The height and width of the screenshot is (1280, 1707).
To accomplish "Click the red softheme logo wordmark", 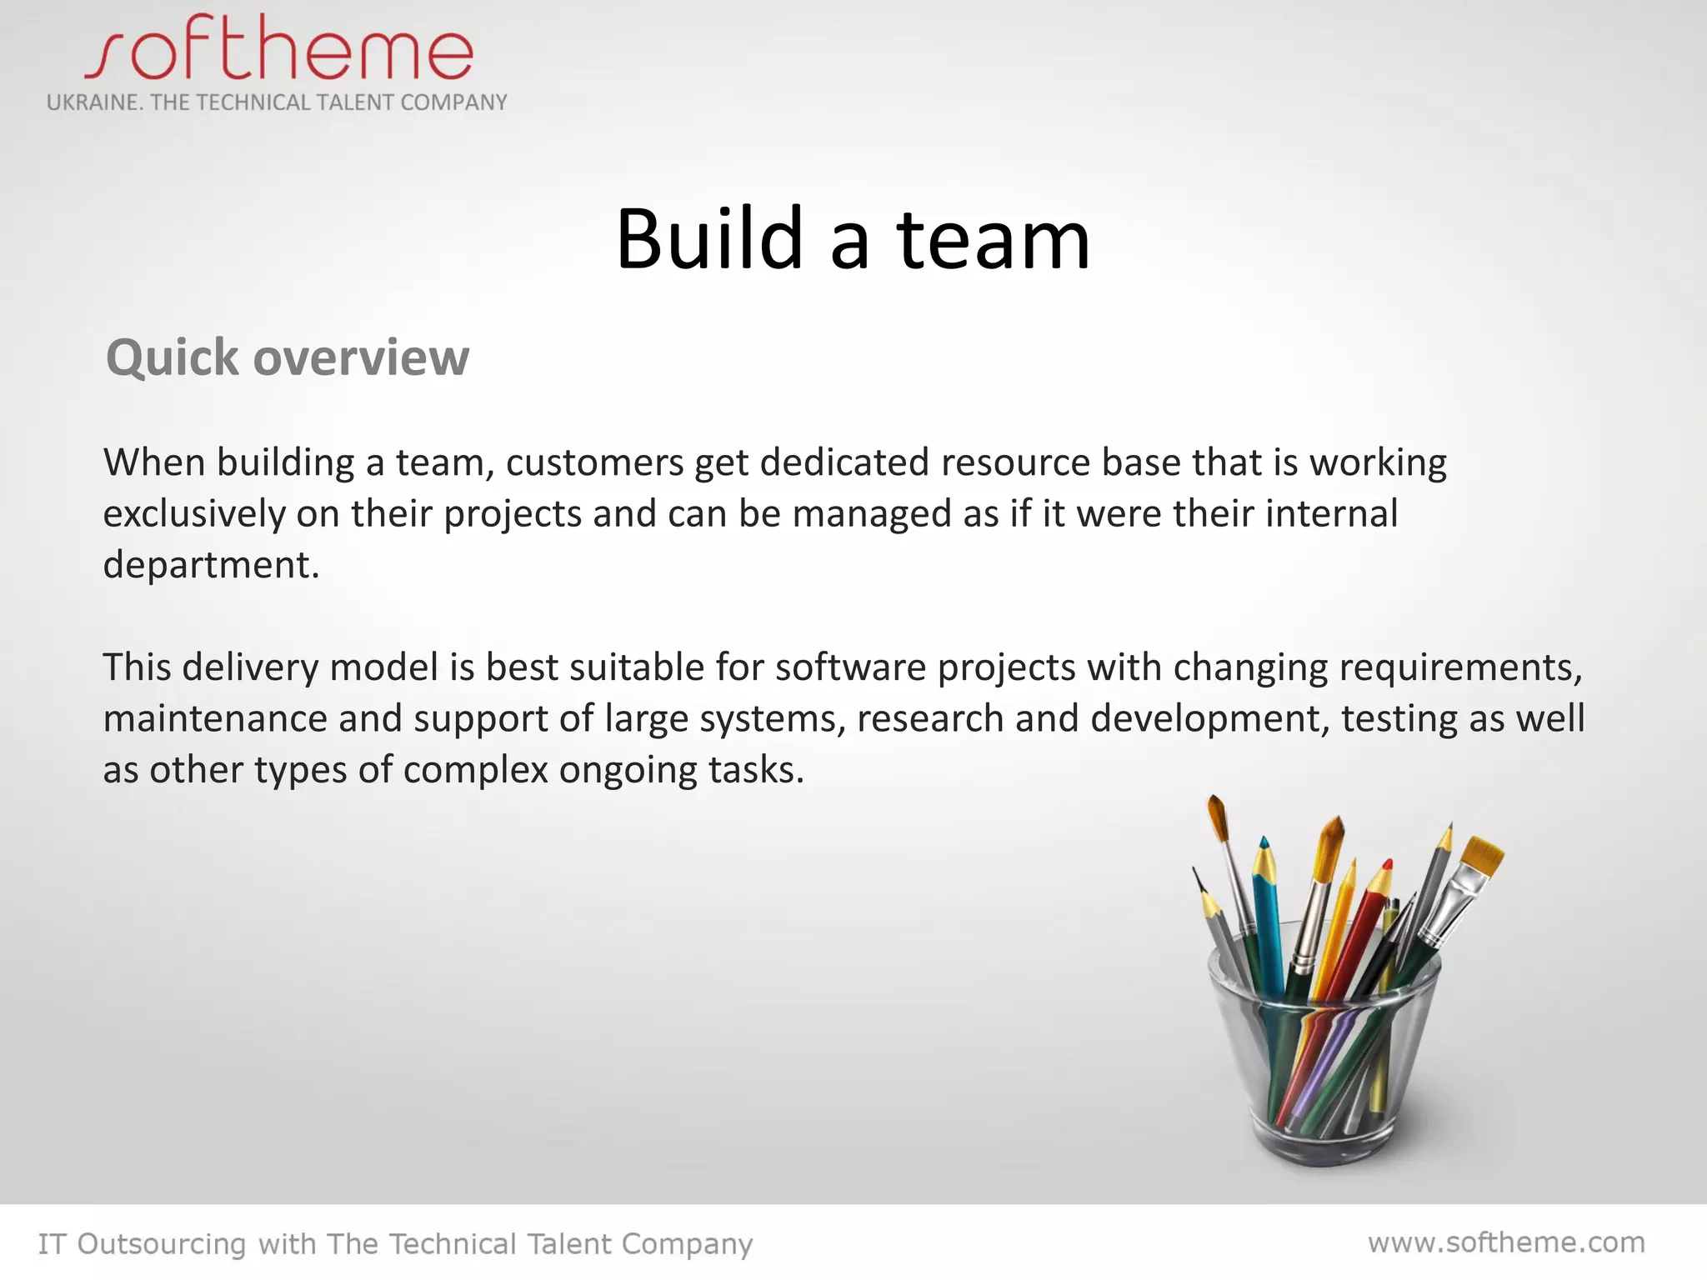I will tap(279, 52).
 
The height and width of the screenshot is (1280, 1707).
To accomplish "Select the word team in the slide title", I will tap(994, 241).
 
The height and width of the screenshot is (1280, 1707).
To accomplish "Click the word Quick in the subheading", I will tap(173, 358).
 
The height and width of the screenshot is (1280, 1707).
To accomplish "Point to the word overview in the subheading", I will tap(361, 358).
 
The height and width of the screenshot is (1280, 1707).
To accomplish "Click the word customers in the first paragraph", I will tap(594, 462).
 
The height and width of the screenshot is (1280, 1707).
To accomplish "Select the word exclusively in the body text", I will tap(194, 514).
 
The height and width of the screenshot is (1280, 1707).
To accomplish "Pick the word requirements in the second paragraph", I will tap(1455, 667).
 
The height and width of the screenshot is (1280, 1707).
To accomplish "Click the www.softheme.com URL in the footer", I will tap(1506, 1242).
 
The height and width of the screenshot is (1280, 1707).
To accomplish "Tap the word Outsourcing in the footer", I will tap(162, 1244).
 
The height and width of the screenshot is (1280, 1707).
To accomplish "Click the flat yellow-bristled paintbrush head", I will tap(1483, 855).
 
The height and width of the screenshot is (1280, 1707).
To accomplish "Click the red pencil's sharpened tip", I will tap(1386, 867).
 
